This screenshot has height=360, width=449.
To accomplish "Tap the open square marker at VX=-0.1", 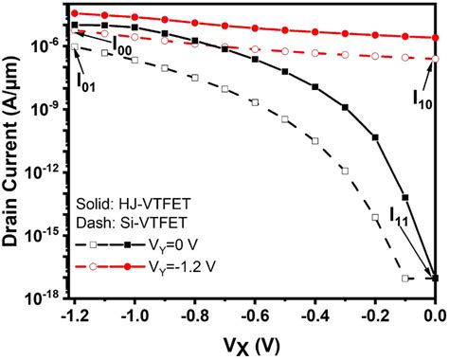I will [x=405, y=279].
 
